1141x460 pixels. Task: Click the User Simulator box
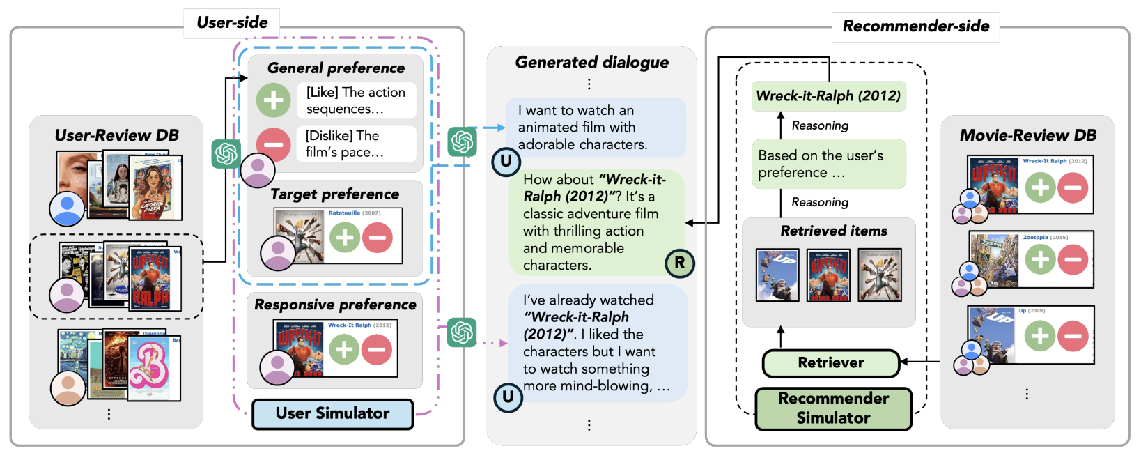pyautogui.click(x=332, y=413)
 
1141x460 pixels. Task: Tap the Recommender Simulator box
pyautogui.click(x=833, y=408)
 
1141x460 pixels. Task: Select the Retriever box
pyautogui.click(x=831, y=362)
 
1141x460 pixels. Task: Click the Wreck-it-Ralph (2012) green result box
pyautogui.click(x=829, y=96)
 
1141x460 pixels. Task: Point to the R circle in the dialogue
pyautogui.click(x=679, y=263)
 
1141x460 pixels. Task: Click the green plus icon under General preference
pyautogui.click(x=273, y=100)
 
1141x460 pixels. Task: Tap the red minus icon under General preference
pyautogui.click(x=273, y=144)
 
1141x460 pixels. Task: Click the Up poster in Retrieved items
pyautogui.click(x=777, y=275)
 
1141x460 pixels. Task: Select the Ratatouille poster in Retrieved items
pyautogui.click(x=880, y=275)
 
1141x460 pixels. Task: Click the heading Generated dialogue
pyautogui.click(x=591, y=63)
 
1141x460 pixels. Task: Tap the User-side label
pyautogui.click(x=232, y=23)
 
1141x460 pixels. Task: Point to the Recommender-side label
pyautogui.click(x=915, y=26)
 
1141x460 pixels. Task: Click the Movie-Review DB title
pyautogui.click(x=1027, y=135)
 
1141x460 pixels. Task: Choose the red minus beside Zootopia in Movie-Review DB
pyautogui.click(x=1073, y=260)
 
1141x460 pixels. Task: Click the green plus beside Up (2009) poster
pyautogui.click(x=1040, y=336)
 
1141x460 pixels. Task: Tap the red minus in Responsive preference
pyautogui.click(x=377, y=349)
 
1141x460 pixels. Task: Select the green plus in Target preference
pyautogui.click(x=344, y=238)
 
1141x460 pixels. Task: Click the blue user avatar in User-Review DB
pyautogui.click(x=67, y=208)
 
